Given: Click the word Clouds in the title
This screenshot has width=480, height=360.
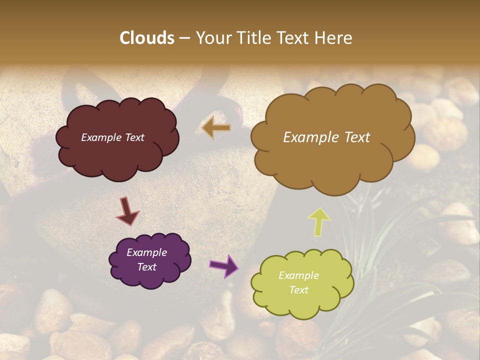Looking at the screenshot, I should [147, 38].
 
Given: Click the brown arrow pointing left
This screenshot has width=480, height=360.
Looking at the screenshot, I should [216, 128].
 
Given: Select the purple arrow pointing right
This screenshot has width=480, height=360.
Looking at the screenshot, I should [223, 265].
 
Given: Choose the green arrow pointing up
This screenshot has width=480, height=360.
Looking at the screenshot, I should [318, 220].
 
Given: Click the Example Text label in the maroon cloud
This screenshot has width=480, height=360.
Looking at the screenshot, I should [113, 137].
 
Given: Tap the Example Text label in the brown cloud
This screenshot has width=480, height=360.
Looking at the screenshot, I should [326, 137].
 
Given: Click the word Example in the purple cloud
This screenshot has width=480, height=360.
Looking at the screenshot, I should [146, 252].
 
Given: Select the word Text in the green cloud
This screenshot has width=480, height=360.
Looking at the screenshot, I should [298, 290].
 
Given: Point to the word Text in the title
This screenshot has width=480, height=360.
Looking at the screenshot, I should [294, 38].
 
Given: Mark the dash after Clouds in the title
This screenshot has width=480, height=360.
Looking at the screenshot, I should [184, 38].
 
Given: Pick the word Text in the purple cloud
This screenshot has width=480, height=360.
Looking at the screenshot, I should [146, 267].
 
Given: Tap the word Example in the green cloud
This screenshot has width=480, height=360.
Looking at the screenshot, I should [298, 275].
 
